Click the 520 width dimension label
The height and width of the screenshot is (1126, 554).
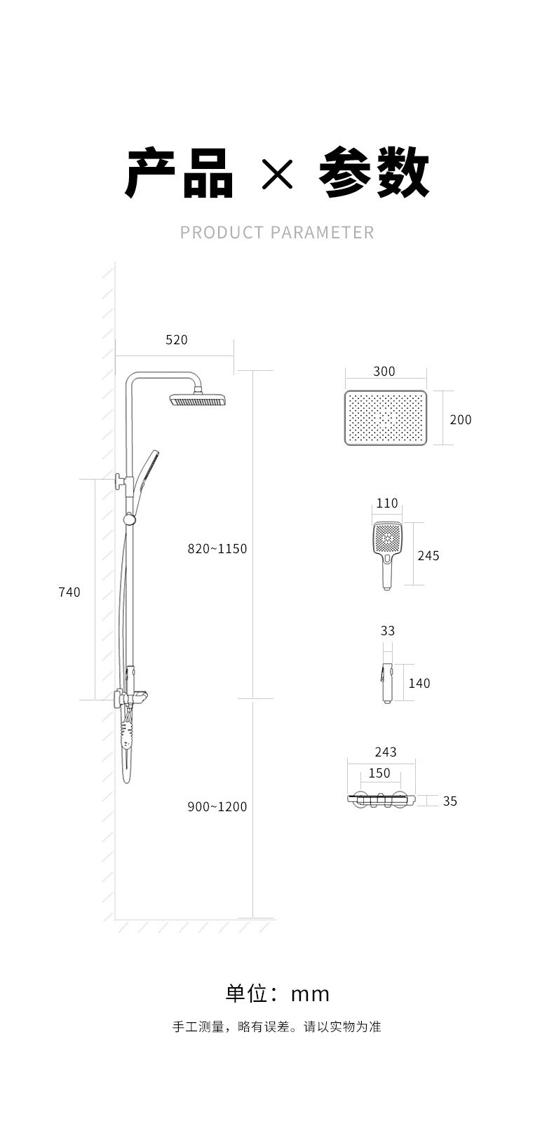click(177, 340)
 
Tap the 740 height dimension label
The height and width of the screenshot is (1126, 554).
click(69, 592)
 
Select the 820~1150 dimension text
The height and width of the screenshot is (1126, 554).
click(217, 548)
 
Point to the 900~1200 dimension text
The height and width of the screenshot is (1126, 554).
click(217, 806)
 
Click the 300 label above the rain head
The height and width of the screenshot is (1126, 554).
click(384, 371)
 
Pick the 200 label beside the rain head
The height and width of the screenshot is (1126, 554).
click(461, 419)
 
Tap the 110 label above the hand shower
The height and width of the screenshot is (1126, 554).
click(387, 503)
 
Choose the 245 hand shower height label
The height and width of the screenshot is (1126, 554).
click(428, 555)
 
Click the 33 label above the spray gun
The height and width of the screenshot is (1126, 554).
click(388, 630)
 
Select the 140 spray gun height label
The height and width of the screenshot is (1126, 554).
click(419, 683)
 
